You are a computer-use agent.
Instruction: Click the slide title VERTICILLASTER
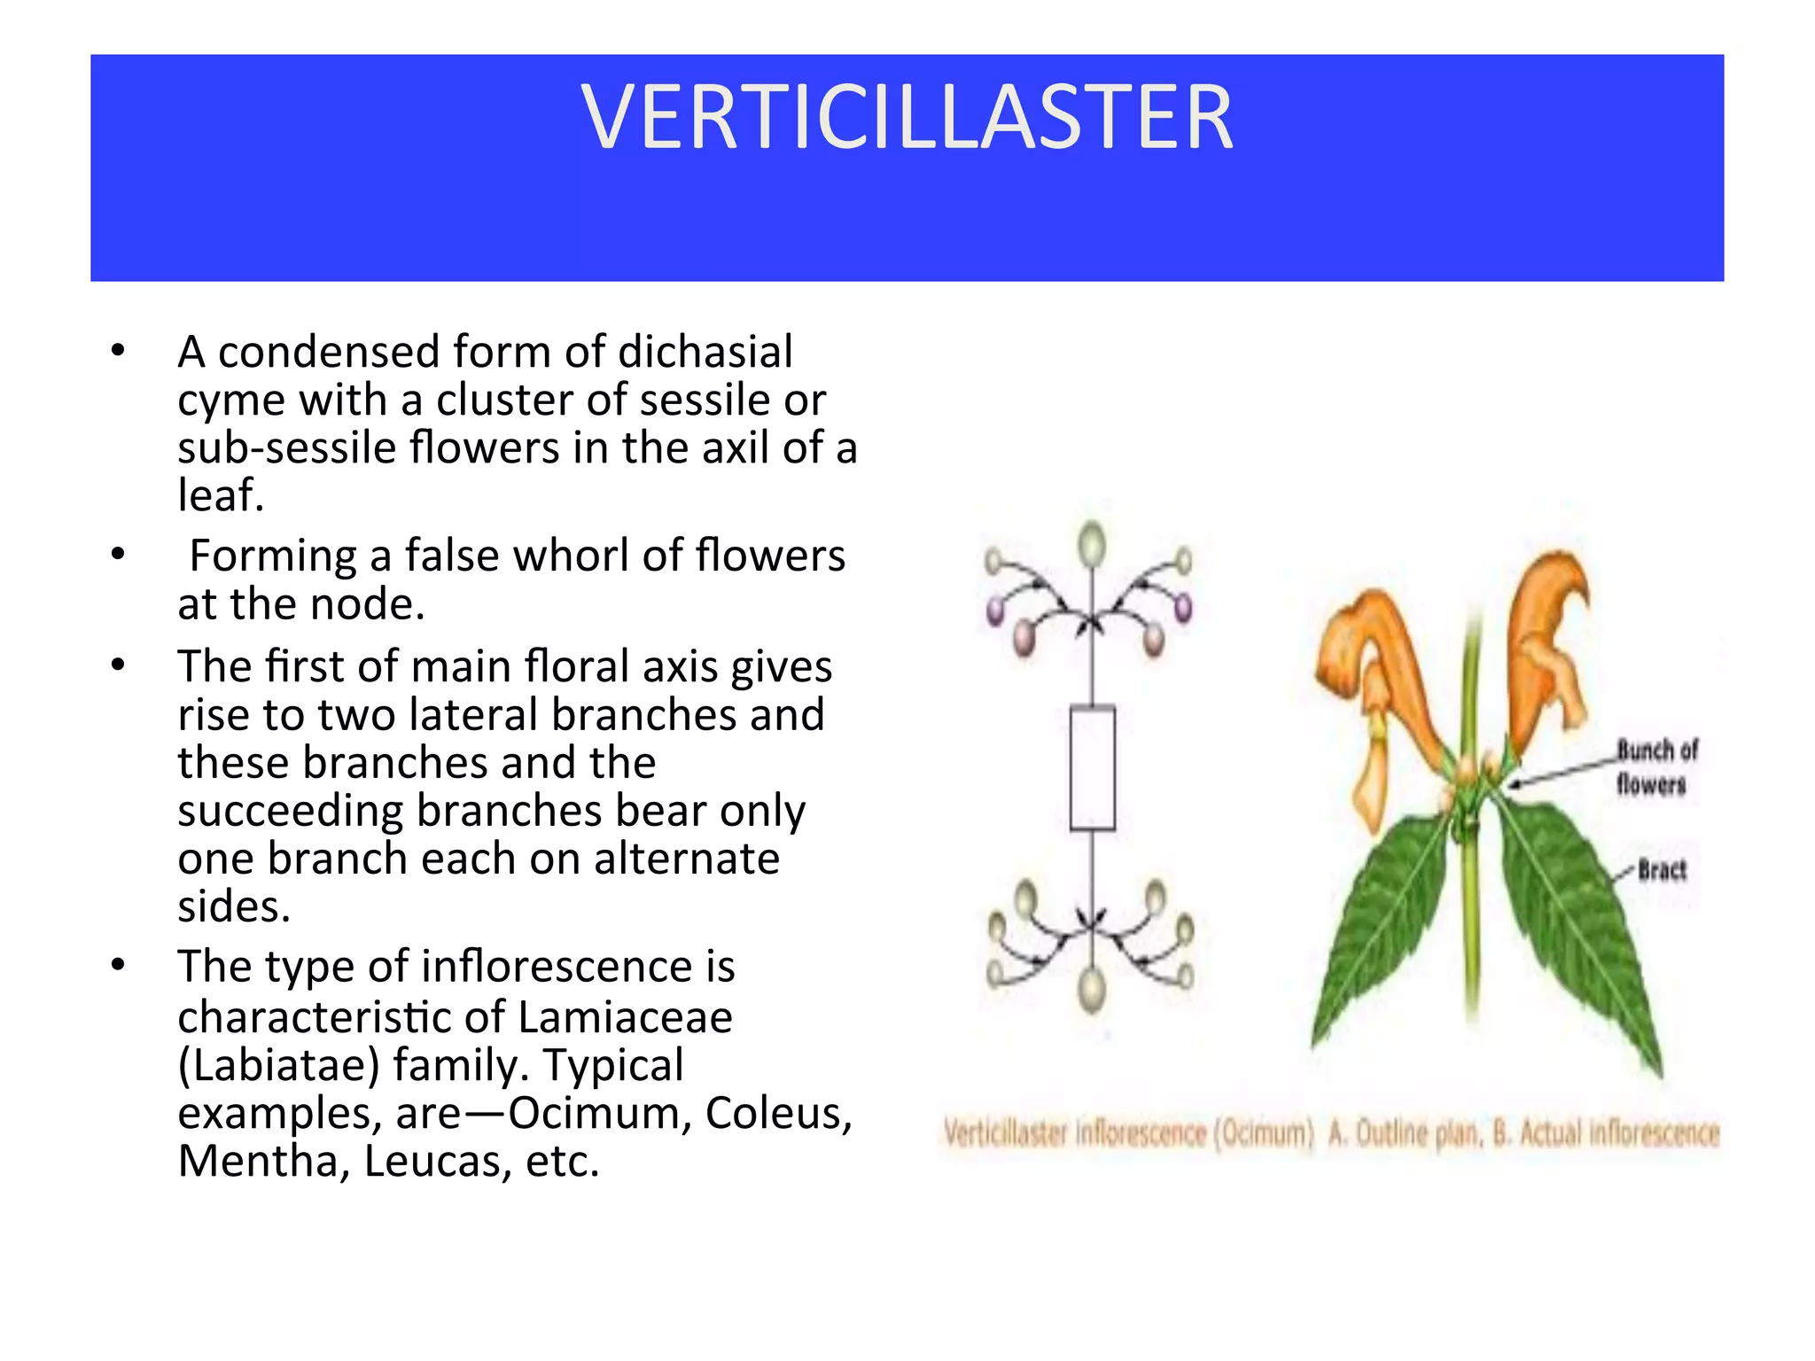(907, 118)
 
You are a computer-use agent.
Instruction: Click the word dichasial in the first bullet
(705, 352)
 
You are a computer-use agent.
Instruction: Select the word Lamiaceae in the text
(625, 1017)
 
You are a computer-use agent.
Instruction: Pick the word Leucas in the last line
(438, 1162)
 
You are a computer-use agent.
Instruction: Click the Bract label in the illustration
(1662, 870)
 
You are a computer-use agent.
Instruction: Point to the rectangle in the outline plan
(1092, 768)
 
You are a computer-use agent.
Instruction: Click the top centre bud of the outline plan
(1092, 542)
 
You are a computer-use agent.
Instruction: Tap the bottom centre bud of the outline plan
(1092, 990)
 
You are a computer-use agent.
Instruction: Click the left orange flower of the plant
(1365, 682)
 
